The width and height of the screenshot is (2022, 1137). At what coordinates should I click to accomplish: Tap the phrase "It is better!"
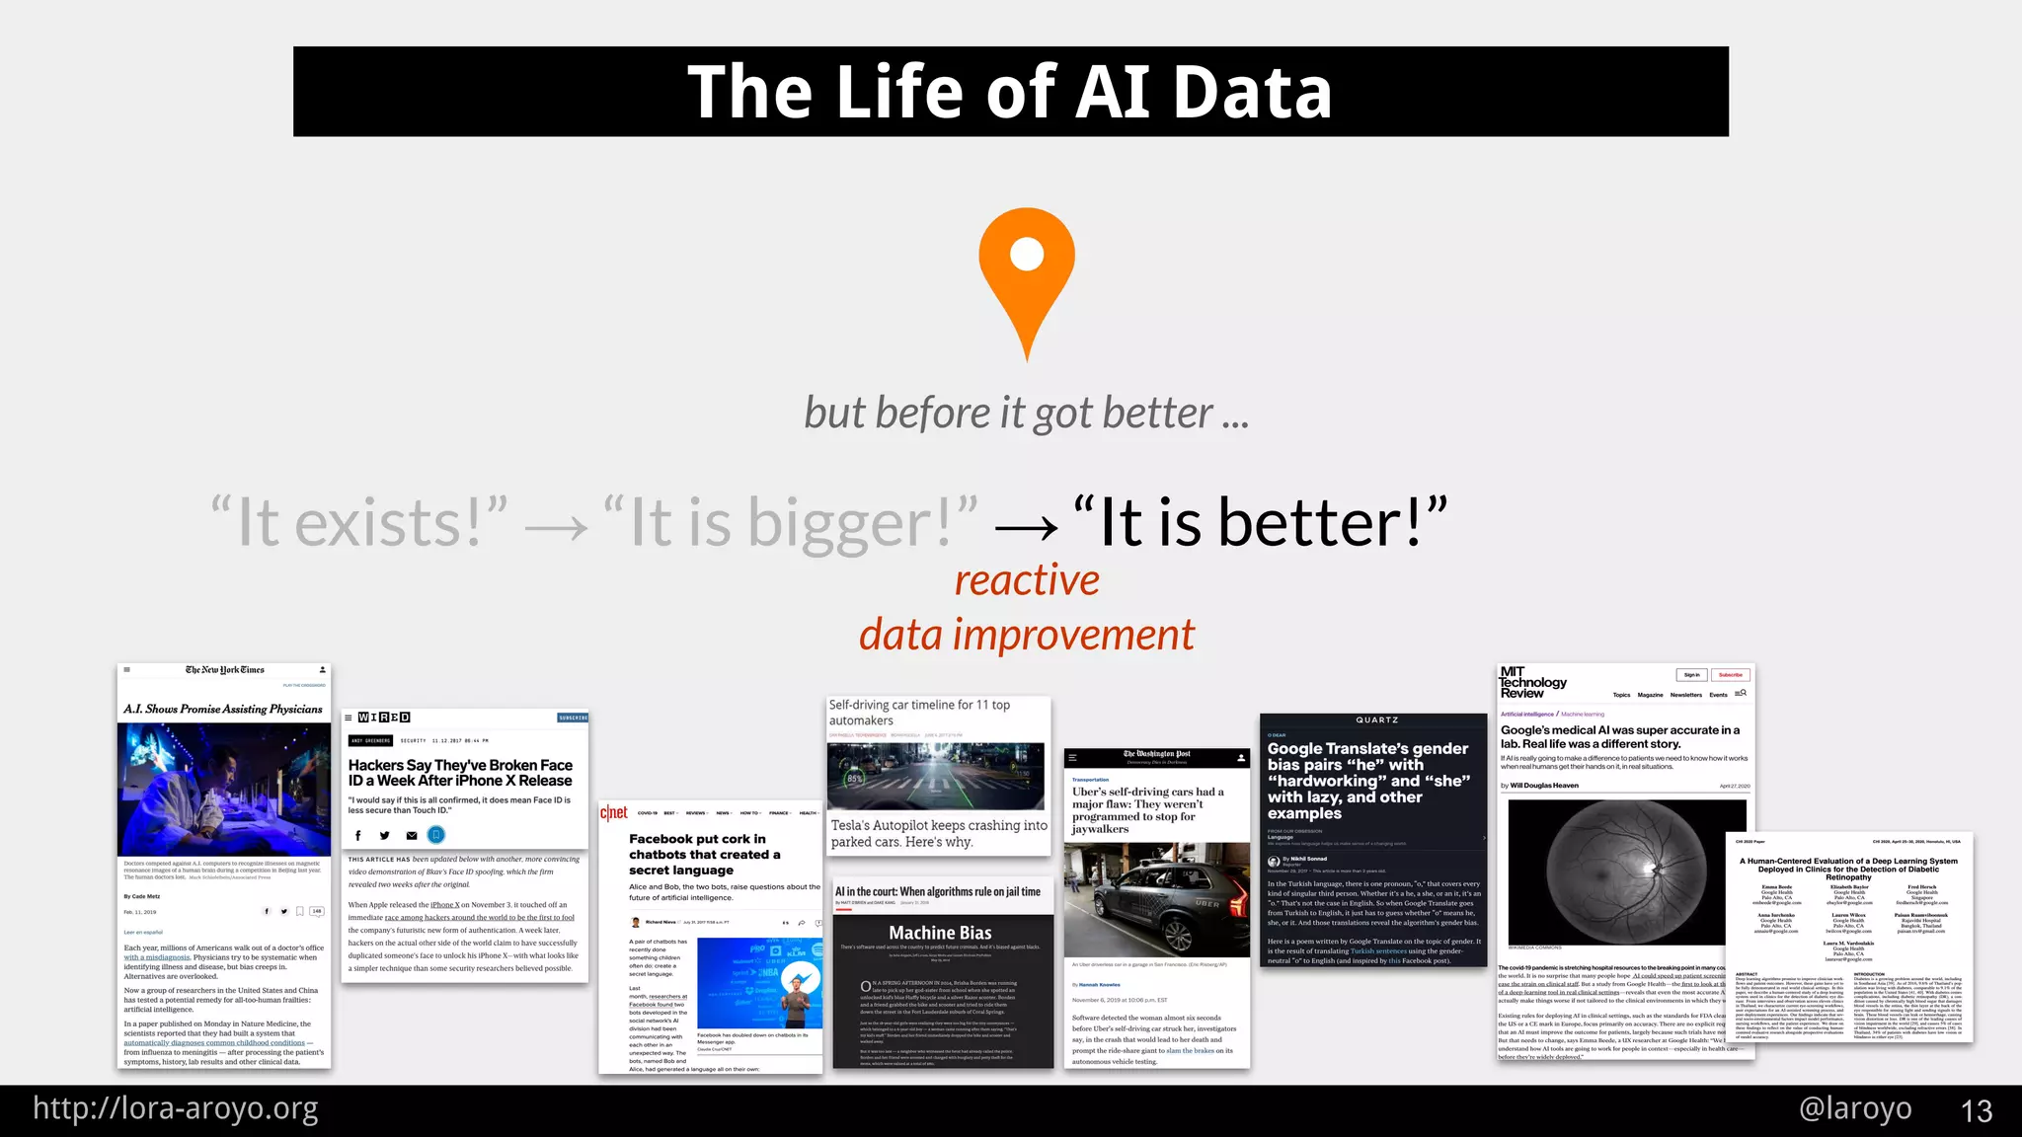point(1260,522)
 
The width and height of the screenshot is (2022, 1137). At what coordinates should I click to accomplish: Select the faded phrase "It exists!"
point(359,522)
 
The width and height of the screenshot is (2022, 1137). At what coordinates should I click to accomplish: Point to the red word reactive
point(1027,580)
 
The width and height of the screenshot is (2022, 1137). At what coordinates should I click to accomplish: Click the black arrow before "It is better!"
point(1027,528)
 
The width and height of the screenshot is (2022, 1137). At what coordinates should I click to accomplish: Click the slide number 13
point(1976,1111)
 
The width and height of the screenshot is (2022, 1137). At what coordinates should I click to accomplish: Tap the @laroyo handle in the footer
point(1855,1108)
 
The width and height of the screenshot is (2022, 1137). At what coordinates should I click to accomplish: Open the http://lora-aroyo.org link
point(176,1108)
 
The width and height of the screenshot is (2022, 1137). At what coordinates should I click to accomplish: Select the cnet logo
point(614,812)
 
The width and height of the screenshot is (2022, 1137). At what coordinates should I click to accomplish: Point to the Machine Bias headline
point(940,933)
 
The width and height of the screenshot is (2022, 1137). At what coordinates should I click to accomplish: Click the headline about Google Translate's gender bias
point(1368,781)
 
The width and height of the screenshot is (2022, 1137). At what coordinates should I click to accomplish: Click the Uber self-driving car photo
point(1156,899)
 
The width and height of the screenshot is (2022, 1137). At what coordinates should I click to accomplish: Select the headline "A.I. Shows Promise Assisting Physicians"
point(223,709)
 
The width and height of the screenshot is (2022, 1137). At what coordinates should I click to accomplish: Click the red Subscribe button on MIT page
point(1730,675)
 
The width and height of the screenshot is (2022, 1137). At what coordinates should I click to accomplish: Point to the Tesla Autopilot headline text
point(938,833)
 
